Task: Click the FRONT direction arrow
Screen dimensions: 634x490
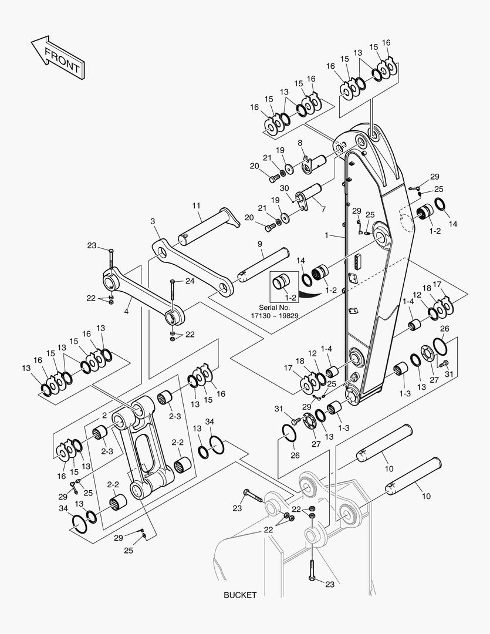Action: pyautogui.click(x=56, y=57)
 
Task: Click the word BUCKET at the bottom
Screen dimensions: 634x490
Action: pyautogui.click(x=240, y=595)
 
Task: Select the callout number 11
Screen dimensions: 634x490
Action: pyautogui.click(x=196, y=205)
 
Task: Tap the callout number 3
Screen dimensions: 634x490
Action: pyautogui.click(x=153, y=221)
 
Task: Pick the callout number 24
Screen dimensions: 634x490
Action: pyautogui.click(x=190, y=281)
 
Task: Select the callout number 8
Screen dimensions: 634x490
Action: pyautogui.click(x=299, y=143)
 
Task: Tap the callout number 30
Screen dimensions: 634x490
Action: pyautogui.click(x=285, y=188)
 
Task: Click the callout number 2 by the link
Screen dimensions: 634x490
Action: pyautogui.click(x=104, y=415)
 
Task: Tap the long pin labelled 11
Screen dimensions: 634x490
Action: pyautogui.click(x=208, y=225)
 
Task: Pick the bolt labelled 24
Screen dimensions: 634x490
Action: pyautogui.click(x=172, y=294)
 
